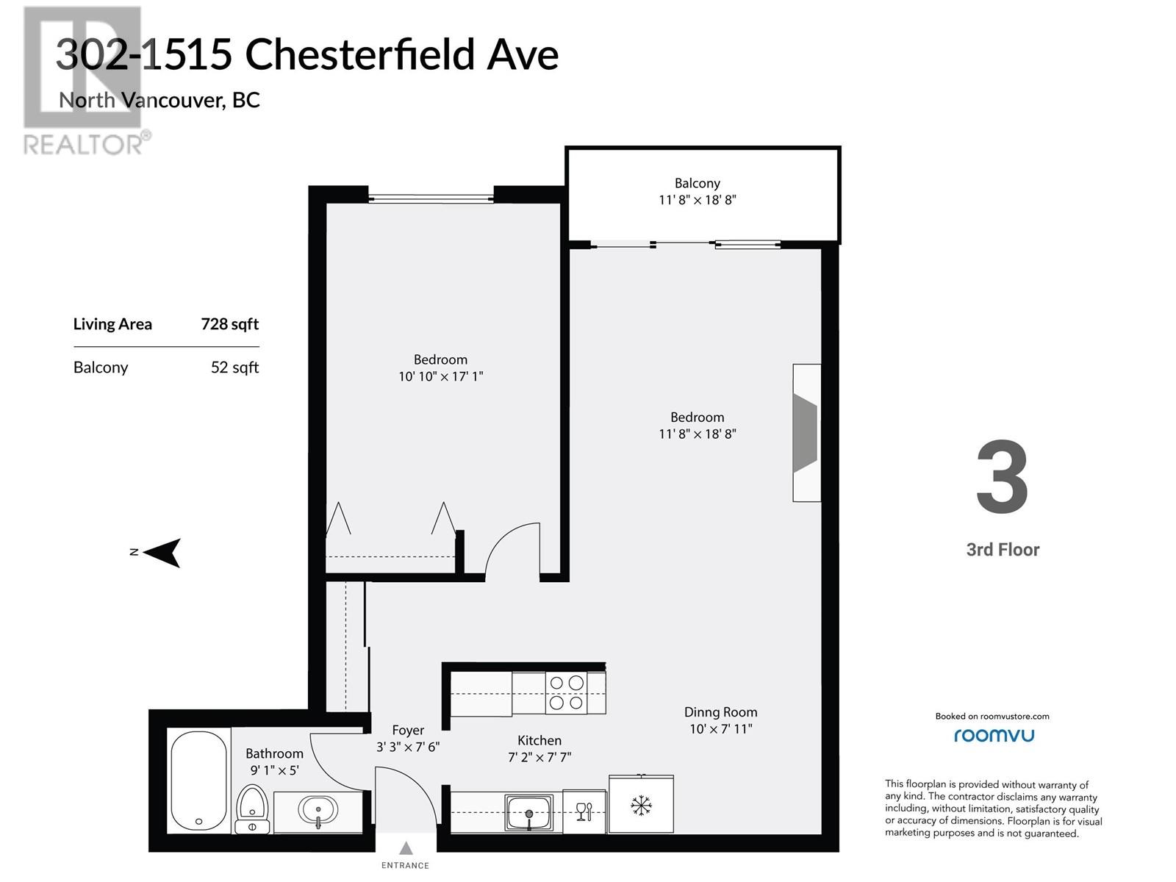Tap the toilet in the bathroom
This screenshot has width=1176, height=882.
point(252,808)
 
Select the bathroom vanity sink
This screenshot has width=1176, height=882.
point(318,811)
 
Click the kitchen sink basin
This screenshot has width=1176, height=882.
point(528,812)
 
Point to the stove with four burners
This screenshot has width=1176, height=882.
point(566,693)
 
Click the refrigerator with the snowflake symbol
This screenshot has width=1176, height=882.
point(641,804)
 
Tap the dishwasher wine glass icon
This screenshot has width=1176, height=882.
point(584,811)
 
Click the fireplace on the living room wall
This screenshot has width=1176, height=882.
point(806,433)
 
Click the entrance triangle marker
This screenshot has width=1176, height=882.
point(406,847)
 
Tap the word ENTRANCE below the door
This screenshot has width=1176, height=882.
point(405,865)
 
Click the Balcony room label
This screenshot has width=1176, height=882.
point(697,183)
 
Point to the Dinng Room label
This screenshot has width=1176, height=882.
point(720,712)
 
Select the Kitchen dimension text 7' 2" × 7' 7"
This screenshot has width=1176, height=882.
point(539,757)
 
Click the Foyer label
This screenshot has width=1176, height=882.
point(408,731)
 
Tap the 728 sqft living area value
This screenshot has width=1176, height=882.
point(230,324)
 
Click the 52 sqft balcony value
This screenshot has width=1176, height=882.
point(234,367)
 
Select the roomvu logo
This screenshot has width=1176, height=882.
point(994,735)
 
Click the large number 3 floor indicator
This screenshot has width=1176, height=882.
point(1003,477)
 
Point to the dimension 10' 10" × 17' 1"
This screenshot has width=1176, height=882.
point(440,376)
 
